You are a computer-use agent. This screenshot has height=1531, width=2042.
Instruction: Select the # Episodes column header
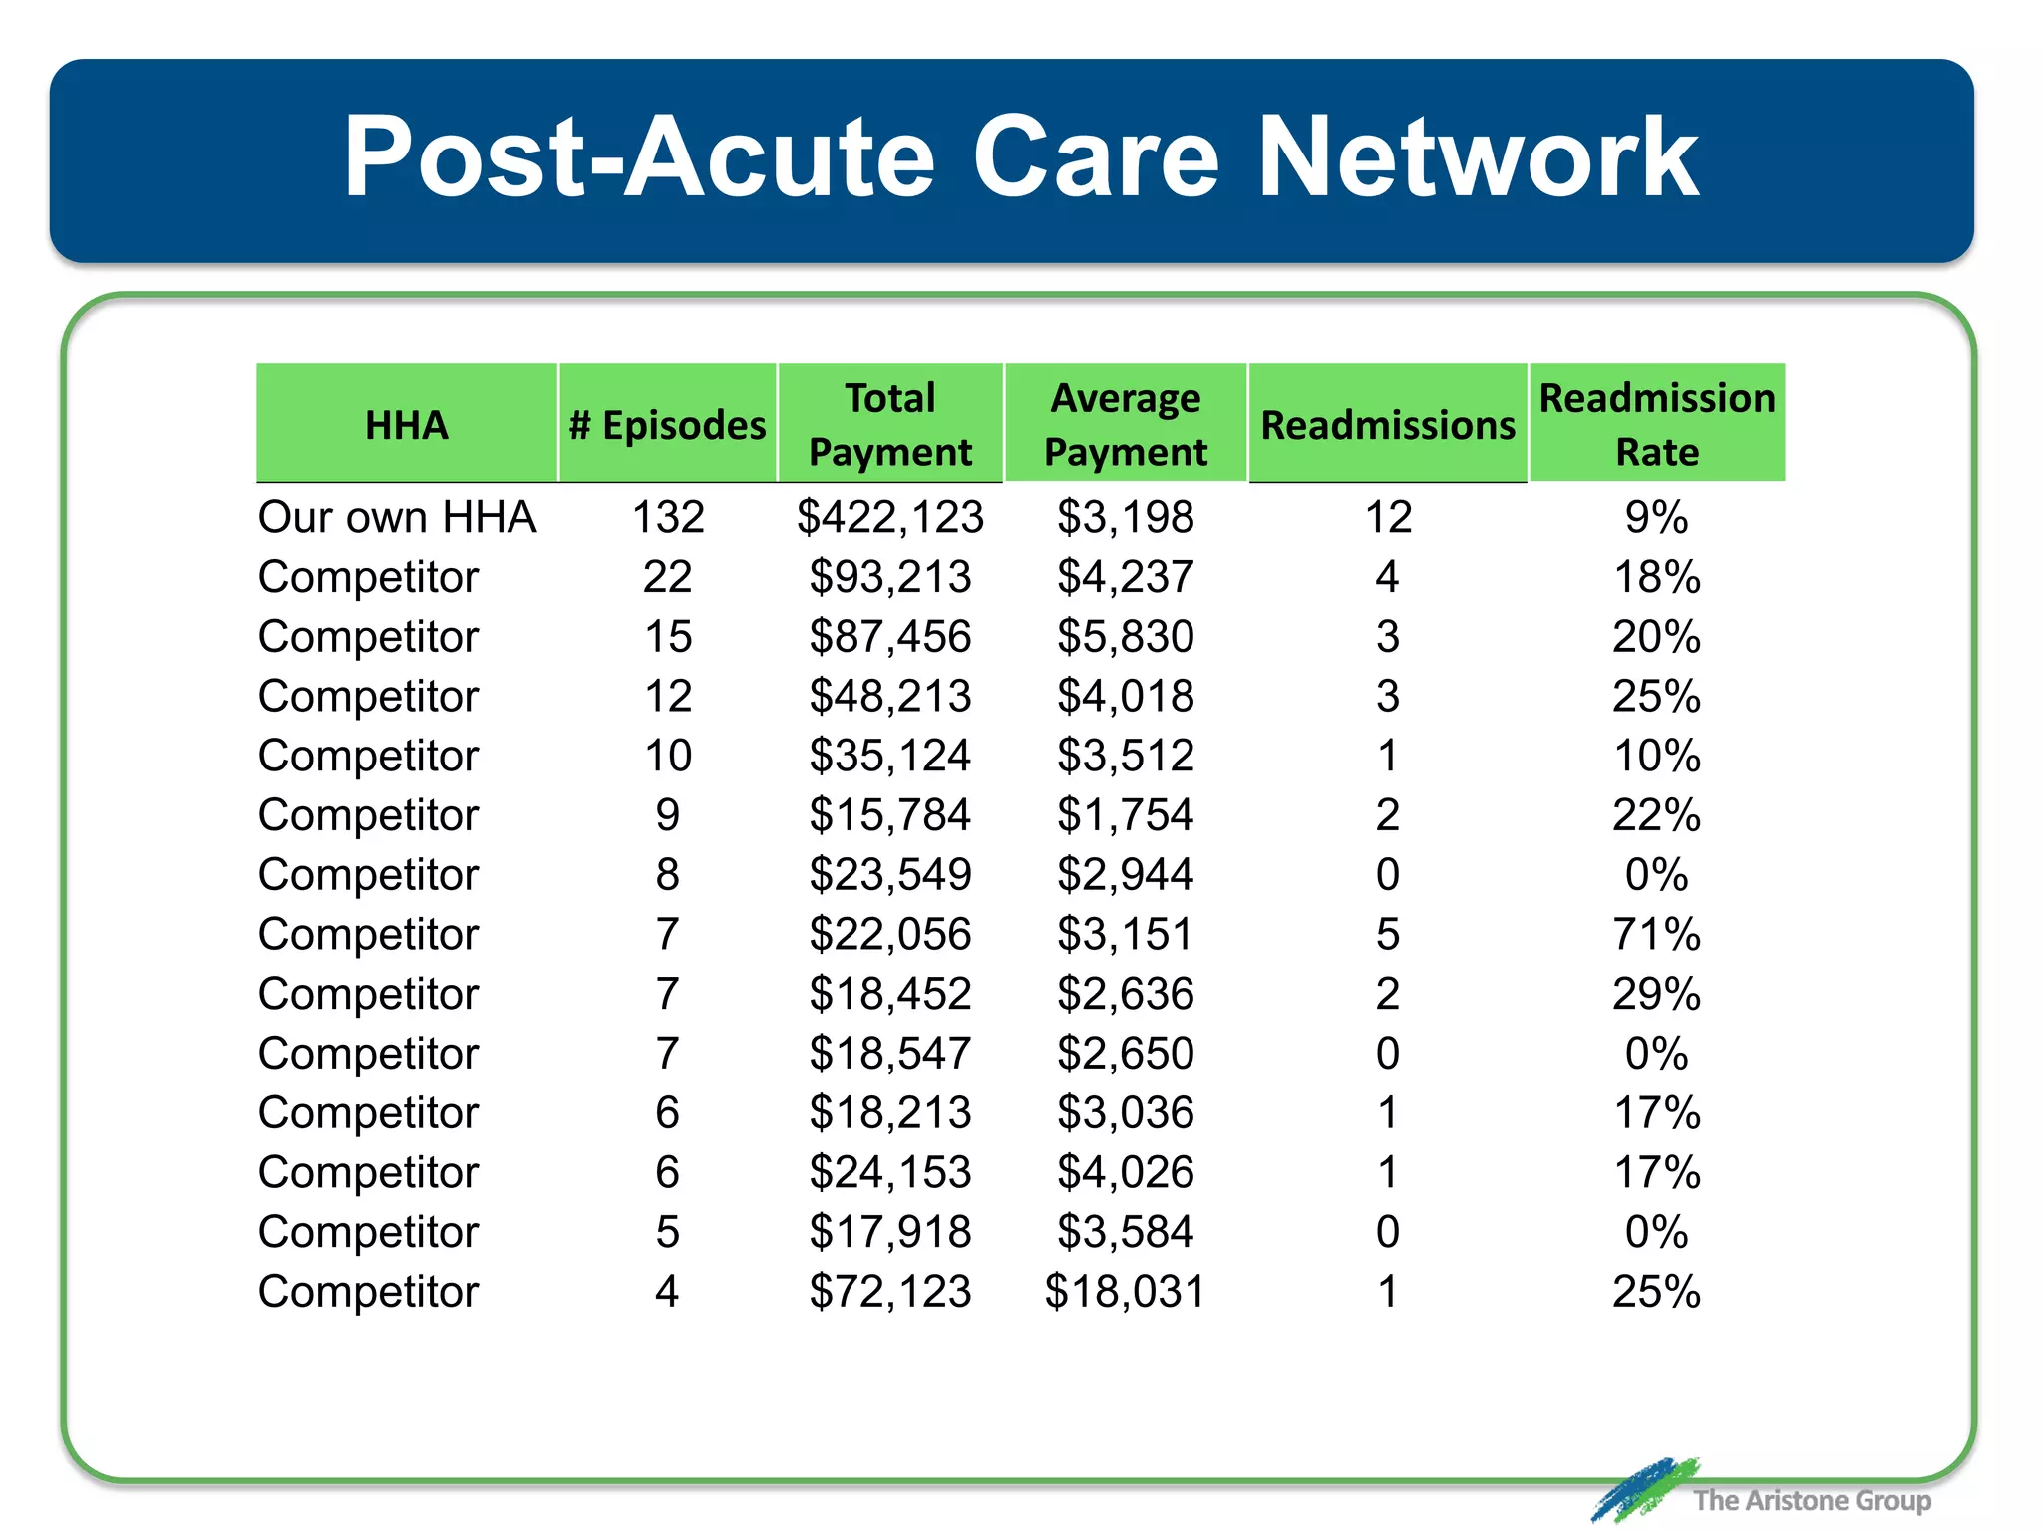click(x=667, y=426)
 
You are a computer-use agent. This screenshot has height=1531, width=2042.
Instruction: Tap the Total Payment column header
click(x=890, y=425)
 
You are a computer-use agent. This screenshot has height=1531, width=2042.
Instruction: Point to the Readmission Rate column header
click(x=1657, y=425)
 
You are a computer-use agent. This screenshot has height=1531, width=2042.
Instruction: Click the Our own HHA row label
click(x=397, y=517)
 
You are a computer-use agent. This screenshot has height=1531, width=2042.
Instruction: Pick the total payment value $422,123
click(x=890, y=517)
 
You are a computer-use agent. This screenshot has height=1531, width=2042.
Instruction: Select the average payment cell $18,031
click(x=1125, y=1292)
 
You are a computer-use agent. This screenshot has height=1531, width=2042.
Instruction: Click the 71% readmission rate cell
click(x=1657, y=935)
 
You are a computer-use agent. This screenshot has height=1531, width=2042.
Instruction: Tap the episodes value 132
click(x=668, y=517)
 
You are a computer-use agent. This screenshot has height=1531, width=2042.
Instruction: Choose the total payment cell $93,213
click(x=890, y=577)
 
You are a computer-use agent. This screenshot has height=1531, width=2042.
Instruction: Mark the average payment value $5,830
click(x=1126, y=637)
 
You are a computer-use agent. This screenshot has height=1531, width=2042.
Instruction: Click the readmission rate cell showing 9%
click(x=1657, y=517)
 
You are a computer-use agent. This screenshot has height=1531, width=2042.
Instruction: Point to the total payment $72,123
click(x=890, y=1292)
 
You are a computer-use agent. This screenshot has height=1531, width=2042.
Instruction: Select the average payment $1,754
click(x=1126, y=815)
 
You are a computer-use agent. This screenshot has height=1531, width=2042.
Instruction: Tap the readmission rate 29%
click(x=1657, y=994)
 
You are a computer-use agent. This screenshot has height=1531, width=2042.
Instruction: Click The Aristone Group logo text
click(x=1812, y=1500)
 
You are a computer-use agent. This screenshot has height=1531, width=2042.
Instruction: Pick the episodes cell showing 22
click(x=668, y=577)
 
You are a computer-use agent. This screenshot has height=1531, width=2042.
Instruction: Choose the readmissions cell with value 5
click(x=1388, y=935)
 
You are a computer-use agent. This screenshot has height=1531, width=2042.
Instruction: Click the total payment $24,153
click(x=890, y=1172)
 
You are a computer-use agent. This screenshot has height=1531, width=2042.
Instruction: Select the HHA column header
click(x=407, y=426)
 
